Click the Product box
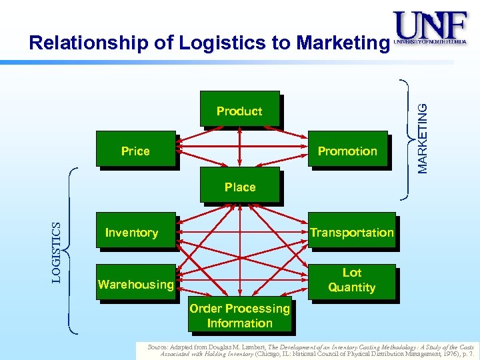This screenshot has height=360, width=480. pyautogui.click(x=239, y=111)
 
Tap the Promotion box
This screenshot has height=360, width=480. pyautogui.click(x=347, y=150)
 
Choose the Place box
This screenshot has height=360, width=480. pyautogui.click(x=240, y=187)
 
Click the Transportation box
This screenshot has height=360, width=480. pyautogui.click(x=351, y=231)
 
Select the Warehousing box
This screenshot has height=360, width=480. pyautogui.click(x=135, y=283)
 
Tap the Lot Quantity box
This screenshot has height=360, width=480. pyautogui.click(x=351, y=281)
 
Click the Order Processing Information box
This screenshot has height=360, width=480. pyautogui.click(x=240, y=315)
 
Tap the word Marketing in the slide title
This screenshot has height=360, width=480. pyautogui.click(x=342, y=43)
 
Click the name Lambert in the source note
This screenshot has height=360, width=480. pyautogui.click(x=251, y=347)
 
